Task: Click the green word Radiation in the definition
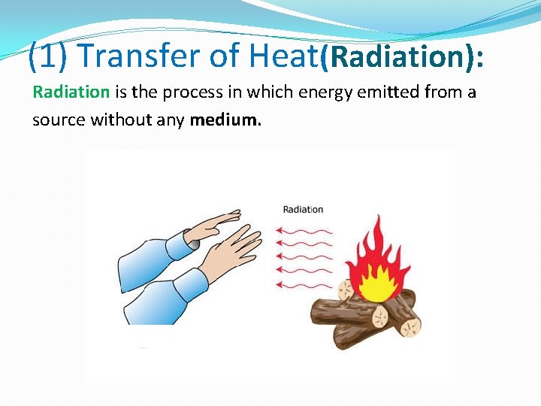[x=71, y=92]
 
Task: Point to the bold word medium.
[x=225, y=120]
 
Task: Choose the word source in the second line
[x=59, y=120]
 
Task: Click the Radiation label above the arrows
[x=303, y=209]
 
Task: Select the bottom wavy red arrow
[x=304, y=285]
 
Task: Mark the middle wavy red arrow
[x=304, y=257]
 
